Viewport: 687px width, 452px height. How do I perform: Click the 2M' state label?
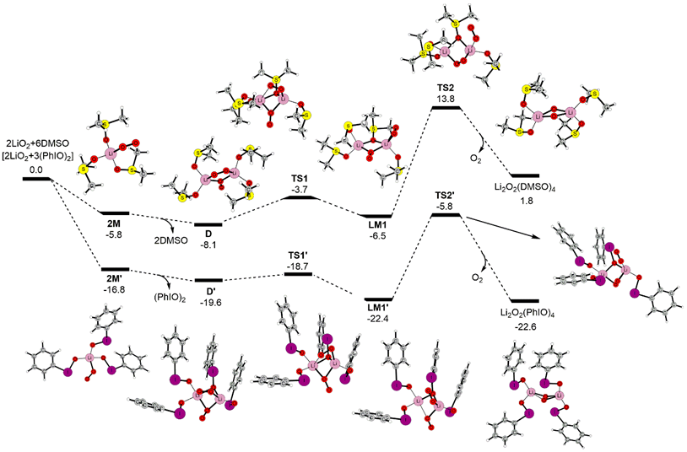point(114,277)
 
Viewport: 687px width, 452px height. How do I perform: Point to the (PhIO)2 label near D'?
point(170,298)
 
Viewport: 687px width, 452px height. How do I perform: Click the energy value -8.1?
point(208,245)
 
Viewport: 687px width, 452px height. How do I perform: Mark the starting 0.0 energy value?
point(36,169)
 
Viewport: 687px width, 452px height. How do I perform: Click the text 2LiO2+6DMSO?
point(36,144)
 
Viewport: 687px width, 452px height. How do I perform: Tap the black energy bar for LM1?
point(376,216)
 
